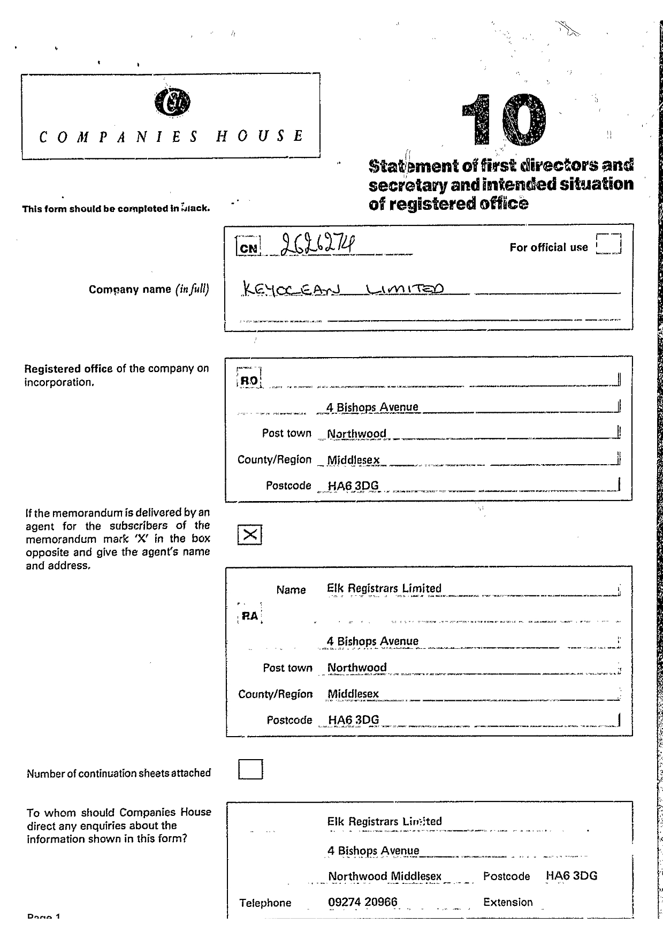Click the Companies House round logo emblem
[x=172, y=102]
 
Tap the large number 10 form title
[x=504, y=120]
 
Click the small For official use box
[x=608, y=244]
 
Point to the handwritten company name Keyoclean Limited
[x=343, y=290]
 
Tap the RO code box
[x=249, y=380]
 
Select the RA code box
[x=250, y=616]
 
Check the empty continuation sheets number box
[x=250, y=769]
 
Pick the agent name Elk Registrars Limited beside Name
[x=384, y=588]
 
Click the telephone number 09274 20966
[x=363, y=902]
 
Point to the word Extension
[x=508, y=902]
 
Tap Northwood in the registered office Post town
[x=356, y=434]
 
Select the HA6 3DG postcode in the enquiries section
[x=571, y=876]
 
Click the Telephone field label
[x=265, y=903]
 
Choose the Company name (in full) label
[x=149, y=290]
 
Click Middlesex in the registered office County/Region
[x=353, y=460]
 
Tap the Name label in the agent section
[x=291, y=590]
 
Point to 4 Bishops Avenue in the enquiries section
[x=374, y=851]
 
